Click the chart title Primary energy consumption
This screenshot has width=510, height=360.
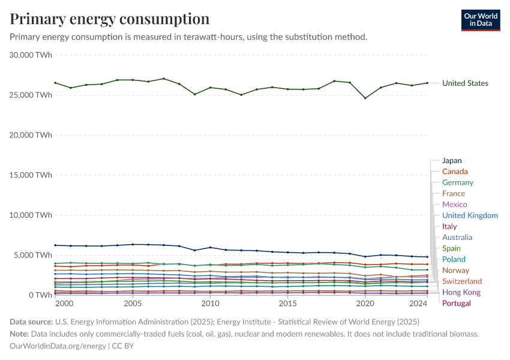(x=110, y=19)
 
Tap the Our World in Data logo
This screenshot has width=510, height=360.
(x=480, y=20)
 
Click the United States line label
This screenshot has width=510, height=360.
(x=465, y=83)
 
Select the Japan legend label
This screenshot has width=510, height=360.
(x=452, y=161)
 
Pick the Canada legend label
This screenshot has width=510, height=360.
(x=455, y=172)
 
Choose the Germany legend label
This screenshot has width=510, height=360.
(x=458, y=182)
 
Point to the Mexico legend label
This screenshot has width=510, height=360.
(x=455, y=205)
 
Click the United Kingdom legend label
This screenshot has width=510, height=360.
(x=470, y=215)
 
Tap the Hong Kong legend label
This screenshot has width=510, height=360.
(x=461, y=292)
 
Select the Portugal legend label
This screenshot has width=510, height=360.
(x=457, y=303)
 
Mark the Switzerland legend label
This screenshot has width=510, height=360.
(x=462, y=281)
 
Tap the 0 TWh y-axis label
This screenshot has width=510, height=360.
(x=39, y=295)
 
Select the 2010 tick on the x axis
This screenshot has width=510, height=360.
(x=210, y=304)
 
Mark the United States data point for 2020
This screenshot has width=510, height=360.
(x=365, y=98)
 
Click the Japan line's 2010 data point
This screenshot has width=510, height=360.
(x=210, y=247)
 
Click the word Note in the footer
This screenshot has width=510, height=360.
(x=20, y=334)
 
